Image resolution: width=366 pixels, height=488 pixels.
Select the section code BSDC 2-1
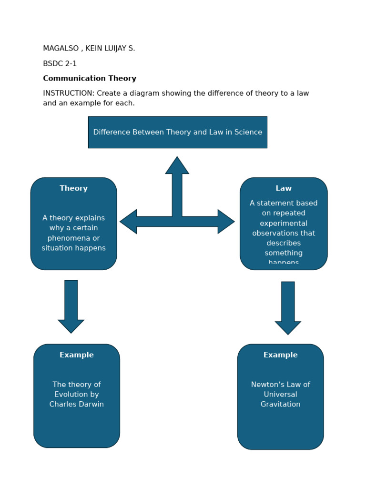(x=60, y=64)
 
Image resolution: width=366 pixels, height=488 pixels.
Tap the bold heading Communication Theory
(x=90, y=79)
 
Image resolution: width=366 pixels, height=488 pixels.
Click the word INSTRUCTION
(x=68, y=93)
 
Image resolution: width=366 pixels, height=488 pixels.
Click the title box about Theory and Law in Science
(x=177, y=132)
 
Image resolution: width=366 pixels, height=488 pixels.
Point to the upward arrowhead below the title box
(x=177, y=166)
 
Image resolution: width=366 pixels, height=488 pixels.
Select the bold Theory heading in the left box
(x=73, y=189)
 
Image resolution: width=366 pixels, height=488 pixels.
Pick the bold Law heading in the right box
(x=284, y=189)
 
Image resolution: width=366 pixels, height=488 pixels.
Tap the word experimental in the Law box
(x=284, y=224)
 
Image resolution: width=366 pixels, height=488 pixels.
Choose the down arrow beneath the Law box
(x=288, y=308)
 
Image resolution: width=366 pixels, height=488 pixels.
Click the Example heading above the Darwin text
(x=76, y=356)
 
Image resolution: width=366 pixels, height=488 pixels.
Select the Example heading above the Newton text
(x=280, y=356)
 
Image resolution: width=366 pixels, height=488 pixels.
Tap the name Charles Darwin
(x=76, y=405)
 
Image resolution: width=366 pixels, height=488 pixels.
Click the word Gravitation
(x=280, y=405)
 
